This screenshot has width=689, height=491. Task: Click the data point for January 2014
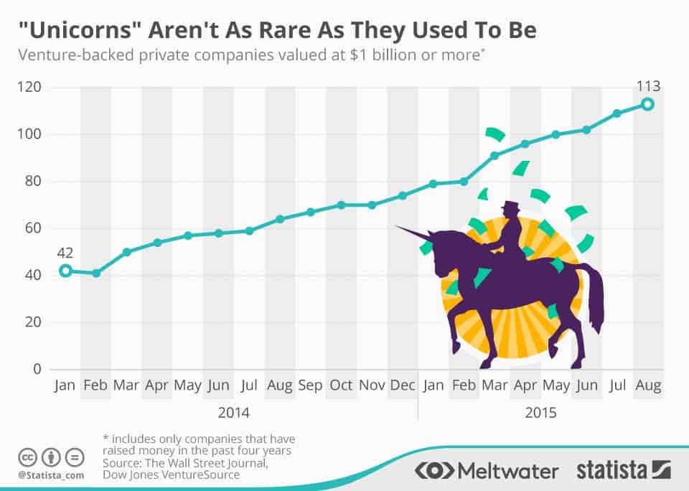pyautogui.click(x=65, y=271)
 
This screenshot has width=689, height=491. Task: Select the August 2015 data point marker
pyautogui.click(x=647, y=104)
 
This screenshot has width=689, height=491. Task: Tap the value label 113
pyautogui.click(x=647, y=87)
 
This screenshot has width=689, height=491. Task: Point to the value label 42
pyautogui.click(x=65, y=252)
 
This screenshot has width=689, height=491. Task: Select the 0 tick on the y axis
pyautogui.click(x=37, y=369)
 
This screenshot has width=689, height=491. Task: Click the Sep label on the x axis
pyautogui.click(x=310, y=385)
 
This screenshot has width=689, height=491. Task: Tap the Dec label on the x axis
pyautogui.click(x=403, y=385)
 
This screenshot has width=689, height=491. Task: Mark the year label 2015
pyautogui.click(x=540, y=413)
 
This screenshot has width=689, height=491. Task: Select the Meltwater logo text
pyautogui.click(x=507, y=471)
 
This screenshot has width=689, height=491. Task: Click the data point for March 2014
pyautogui.click(x=126, y=252)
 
